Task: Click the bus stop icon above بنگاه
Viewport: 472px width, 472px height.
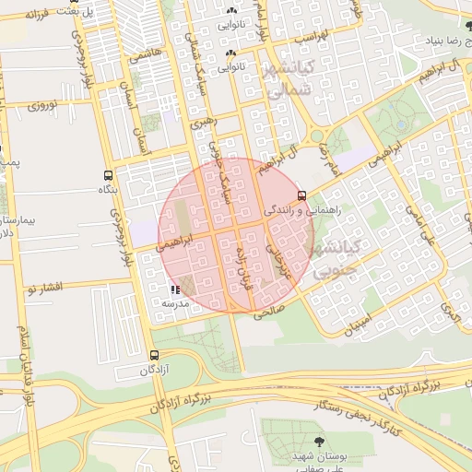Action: [x=109, y=174]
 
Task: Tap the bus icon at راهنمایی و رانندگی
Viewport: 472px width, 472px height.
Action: [x=302, y=195]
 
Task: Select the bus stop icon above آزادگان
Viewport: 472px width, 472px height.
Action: [x=153, y=355]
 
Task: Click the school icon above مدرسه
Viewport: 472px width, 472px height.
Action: [x=175, y=289]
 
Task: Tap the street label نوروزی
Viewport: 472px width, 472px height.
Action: [x=41, y=106]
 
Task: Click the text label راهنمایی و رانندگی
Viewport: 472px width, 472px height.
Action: [x=301, y=210]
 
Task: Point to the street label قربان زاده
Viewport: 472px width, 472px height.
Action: [x=245, y=267]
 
